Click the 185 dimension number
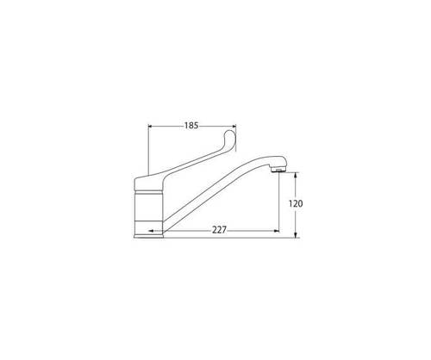(x=191, y=126)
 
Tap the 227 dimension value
(x=219, y=230)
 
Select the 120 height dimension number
(x=296, y=204)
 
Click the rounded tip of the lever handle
(x=230, y=135)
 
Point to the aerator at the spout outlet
(x=278, y=171)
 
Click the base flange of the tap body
(x=148, y=236)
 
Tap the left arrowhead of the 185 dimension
(x=150, y=126)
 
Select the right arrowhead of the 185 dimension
(x=234, y=126)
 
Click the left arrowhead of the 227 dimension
(x=151, y=231)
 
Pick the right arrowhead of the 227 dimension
(x=277, y=231)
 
